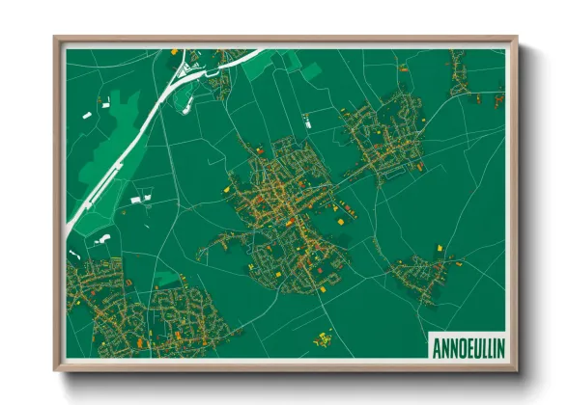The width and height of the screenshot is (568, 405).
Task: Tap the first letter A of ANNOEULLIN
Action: (434, 345)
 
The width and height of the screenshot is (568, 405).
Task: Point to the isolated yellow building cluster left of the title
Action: (323, 338)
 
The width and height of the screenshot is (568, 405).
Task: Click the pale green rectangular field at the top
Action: (312, 69)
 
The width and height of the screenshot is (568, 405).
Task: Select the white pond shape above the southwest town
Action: (103, 237)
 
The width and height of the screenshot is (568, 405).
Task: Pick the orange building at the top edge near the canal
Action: (174, 51)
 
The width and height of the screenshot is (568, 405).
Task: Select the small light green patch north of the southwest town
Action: (166, 278)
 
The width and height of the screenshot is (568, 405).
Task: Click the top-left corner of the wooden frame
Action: (57, 40)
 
